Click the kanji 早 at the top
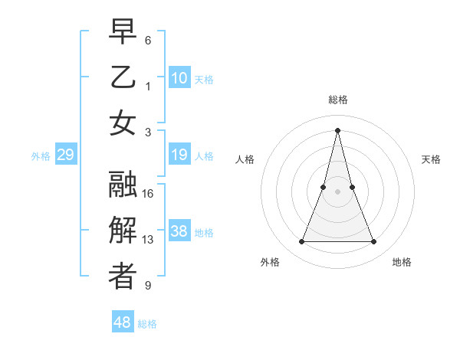[123, 31]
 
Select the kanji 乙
[123, 77]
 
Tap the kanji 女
[123, 123]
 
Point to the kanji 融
[123, 185]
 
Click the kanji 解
[123, 231]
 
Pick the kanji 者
[123, 277]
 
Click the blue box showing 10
[179, 78]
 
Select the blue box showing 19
[179, 155]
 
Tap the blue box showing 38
[179, 232]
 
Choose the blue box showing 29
[65, 155]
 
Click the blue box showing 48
[123, 322]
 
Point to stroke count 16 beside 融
[149, 194]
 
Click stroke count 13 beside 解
[149, 240]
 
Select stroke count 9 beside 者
[148, 286]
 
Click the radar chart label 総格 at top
[337, 100]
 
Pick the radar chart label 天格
[431, 159]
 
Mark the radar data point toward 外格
[301, 242]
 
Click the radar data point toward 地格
[374, 242]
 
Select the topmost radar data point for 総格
[337, 129]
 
